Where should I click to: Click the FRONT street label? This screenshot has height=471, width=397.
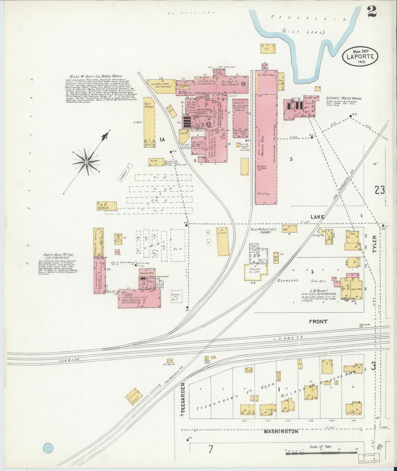coord(318,322)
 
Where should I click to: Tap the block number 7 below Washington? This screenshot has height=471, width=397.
coord(210,450)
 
